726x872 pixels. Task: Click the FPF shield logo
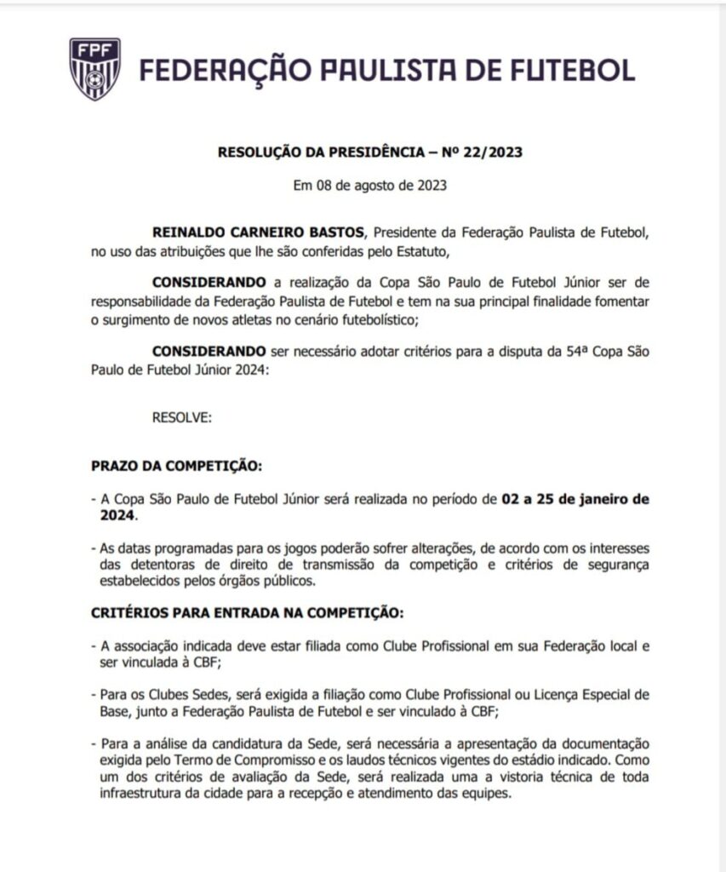94,69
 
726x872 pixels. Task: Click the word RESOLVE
181,417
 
